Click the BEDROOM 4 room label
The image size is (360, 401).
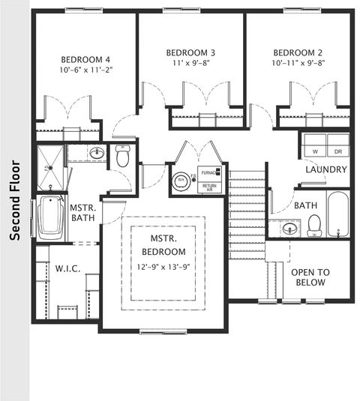(86, 60)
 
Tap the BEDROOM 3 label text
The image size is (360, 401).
(190, 52)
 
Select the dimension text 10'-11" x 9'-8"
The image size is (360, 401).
(298, 64)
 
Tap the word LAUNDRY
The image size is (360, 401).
(325, 169)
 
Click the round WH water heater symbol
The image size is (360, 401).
(181, 180)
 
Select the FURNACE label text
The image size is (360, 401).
(209, 172)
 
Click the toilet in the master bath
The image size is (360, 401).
(123, 157)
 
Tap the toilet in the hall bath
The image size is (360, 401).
(314, 223)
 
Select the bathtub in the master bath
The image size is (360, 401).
(50, 217)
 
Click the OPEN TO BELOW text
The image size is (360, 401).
(308, 277)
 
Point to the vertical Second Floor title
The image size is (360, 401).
(13, 199)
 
